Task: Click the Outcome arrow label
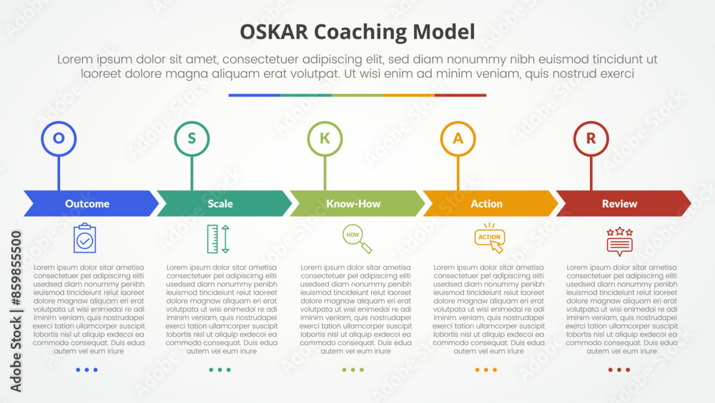87,203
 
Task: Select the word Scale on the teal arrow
220,203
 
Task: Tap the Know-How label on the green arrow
353,203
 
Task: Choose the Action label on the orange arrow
486,203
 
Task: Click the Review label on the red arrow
620,203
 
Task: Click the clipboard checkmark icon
85,238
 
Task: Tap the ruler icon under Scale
218,238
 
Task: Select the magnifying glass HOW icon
357,238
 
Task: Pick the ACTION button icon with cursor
490,238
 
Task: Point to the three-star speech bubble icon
620,241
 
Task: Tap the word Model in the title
444,32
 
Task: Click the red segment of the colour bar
460,95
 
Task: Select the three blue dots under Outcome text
87,369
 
